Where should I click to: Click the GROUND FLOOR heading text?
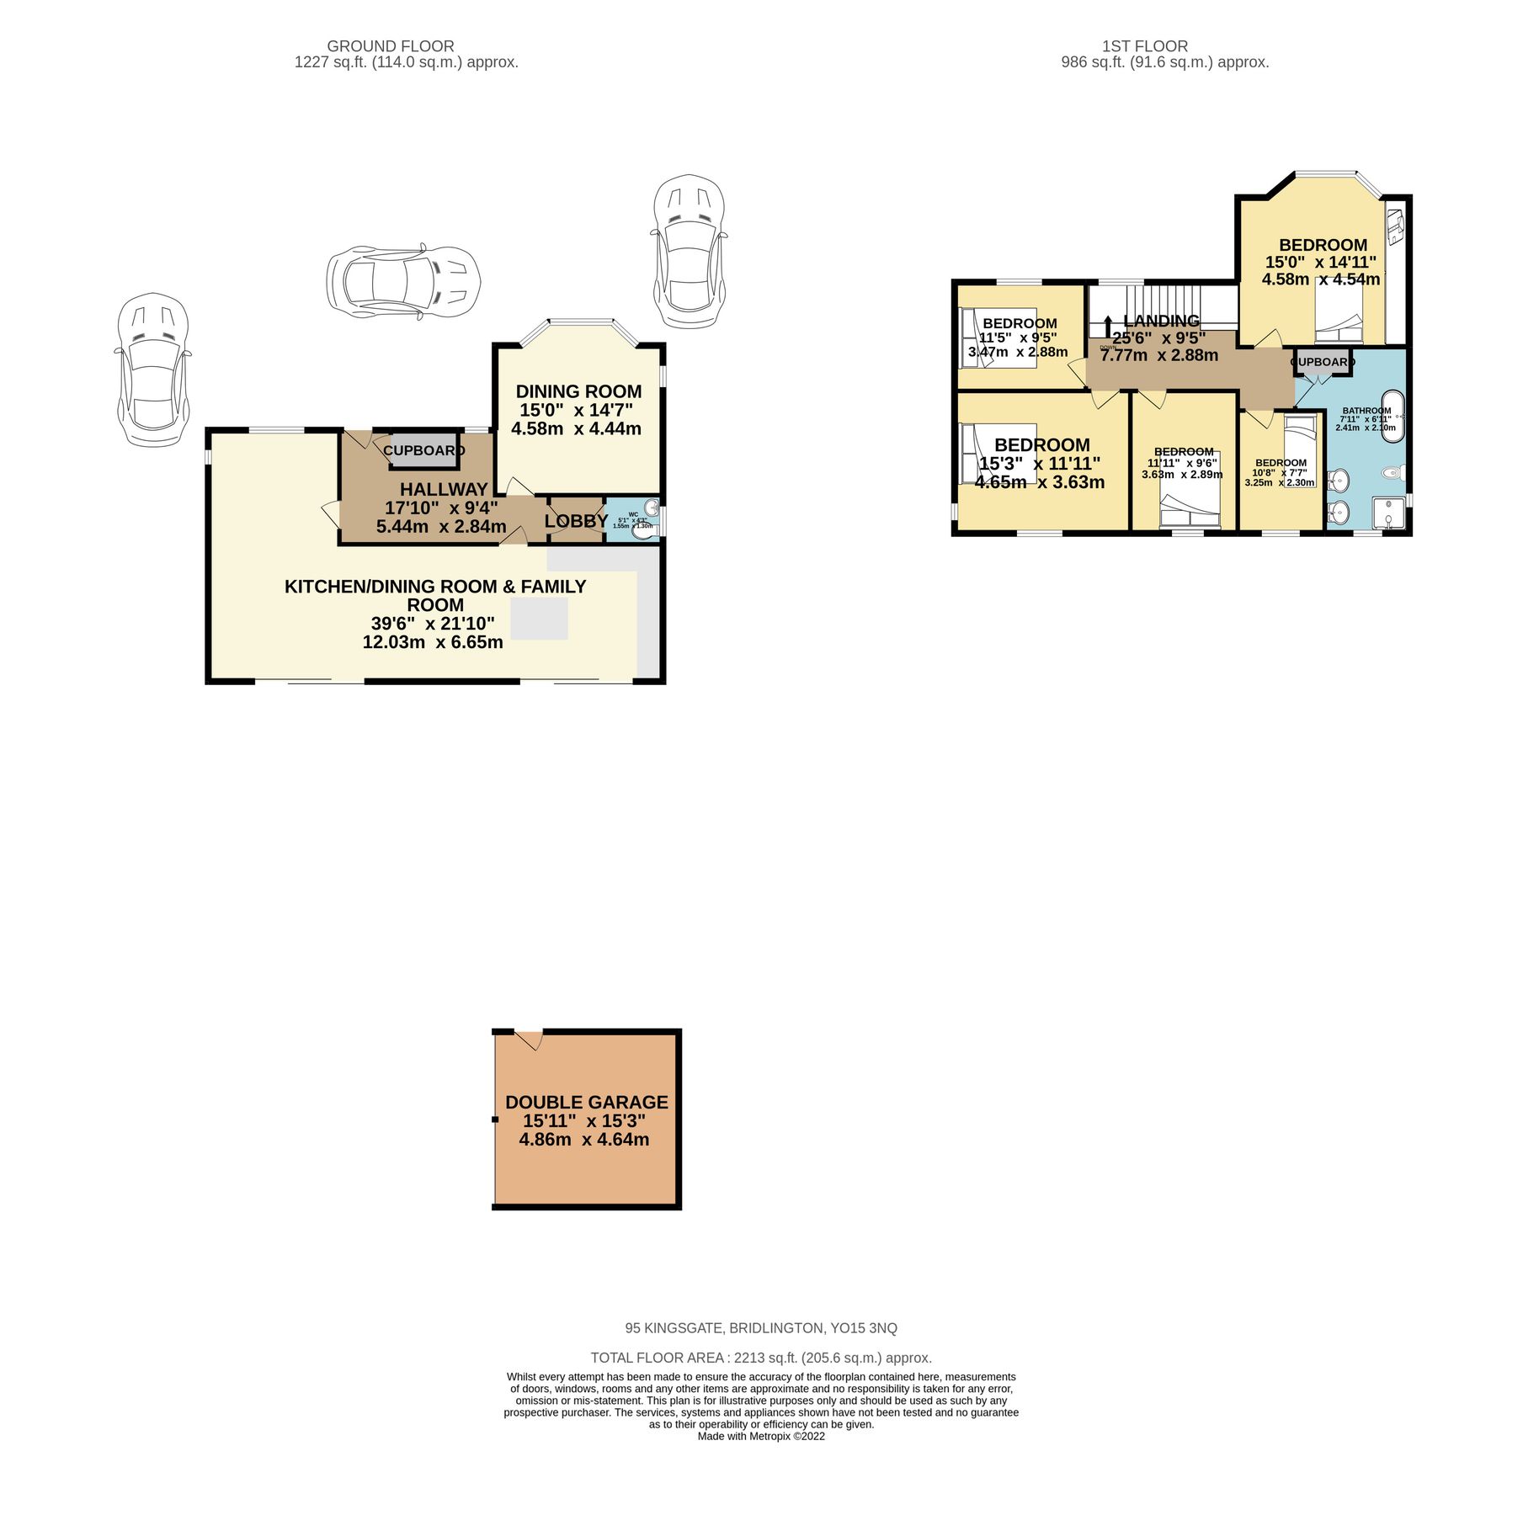[x=390, y=46]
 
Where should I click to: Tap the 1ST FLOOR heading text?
[x=1144, y=46]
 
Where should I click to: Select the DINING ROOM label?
[x=578, y=391]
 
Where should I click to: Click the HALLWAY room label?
[x=444, y=489]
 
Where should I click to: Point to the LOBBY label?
[x=576, y=521]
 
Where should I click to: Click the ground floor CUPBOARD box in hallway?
[x=424, y=451]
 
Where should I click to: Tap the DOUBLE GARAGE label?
[x=586, y=1102]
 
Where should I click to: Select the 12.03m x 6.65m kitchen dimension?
[x=433, y=642]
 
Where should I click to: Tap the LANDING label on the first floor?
[x=1161, y=321]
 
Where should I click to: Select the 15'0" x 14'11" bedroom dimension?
[x=1320, y=263]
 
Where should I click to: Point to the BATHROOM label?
[x=1366, y=411]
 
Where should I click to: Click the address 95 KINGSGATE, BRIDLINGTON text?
[x=760, y=1328]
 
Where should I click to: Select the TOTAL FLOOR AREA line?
[x=760, y=1358]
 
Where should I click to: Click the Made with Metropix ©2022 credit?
[x=760, y=1437]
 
